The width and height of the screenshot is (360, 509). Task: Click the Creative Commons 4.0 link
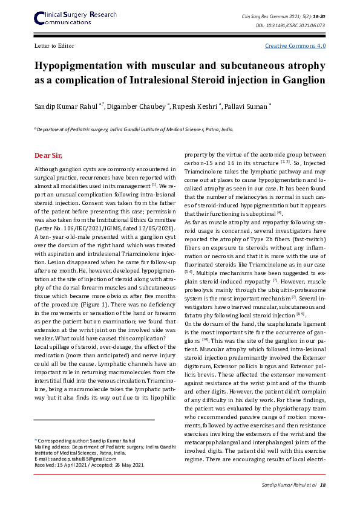point(295,45)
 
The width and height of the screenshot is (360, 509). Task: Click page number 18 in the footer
point(322,485)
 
